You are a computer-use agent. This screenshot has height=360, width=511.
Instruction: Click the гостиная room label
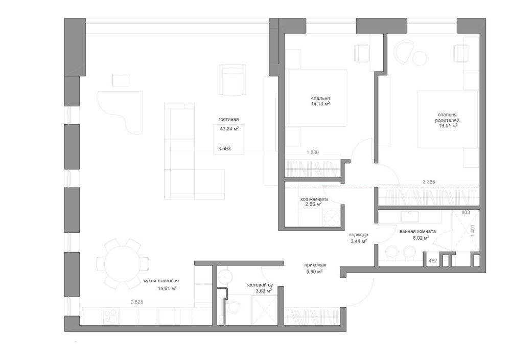pos(228,119)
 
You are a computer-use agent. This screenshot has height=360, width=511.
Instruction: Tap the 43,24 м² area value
pos(229,128)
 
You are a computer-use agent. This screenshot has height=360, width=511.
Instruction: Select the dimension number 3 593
pos(224,149)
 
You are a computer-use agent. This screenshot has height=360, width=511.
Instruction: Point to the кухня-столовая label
pos(161,281)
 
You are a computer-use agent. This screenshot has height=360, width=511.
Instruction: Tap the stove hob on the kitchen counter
pos(111,316)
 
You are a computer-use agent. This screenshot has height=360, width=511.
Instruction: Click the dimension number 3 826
pos(137,302)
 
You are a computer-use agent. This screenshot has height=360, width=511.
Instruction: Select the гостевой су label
pos(260,285)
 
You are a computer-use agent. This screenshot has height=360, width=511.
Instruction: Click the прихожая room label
pos(315,265)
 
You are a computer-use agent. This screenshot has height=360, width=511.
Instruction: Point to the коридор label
pos(359,235)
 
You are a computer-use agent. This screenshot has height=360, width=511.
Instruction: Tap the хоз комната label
pos(314,199)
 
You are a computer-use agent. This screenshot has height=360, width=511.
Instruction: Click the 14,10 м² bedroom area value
pos(320,104)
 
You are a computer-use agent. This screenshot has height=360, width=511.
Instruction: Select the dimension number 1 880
pos(313,152)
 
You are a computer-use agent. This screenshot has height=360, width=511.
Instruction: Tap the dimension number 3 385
pos(429,182)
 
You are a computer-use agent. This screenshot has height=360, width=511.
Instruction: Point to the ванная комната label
pos(417,232)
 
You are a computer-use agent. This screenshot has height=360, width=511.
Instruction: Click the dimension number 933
pos(466,212)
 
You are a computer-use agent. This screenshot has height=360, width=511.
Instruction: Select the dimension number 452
pos(433,261)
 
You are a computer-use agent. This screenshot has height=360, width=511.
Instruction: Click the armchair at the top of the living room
pos(232,80)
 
